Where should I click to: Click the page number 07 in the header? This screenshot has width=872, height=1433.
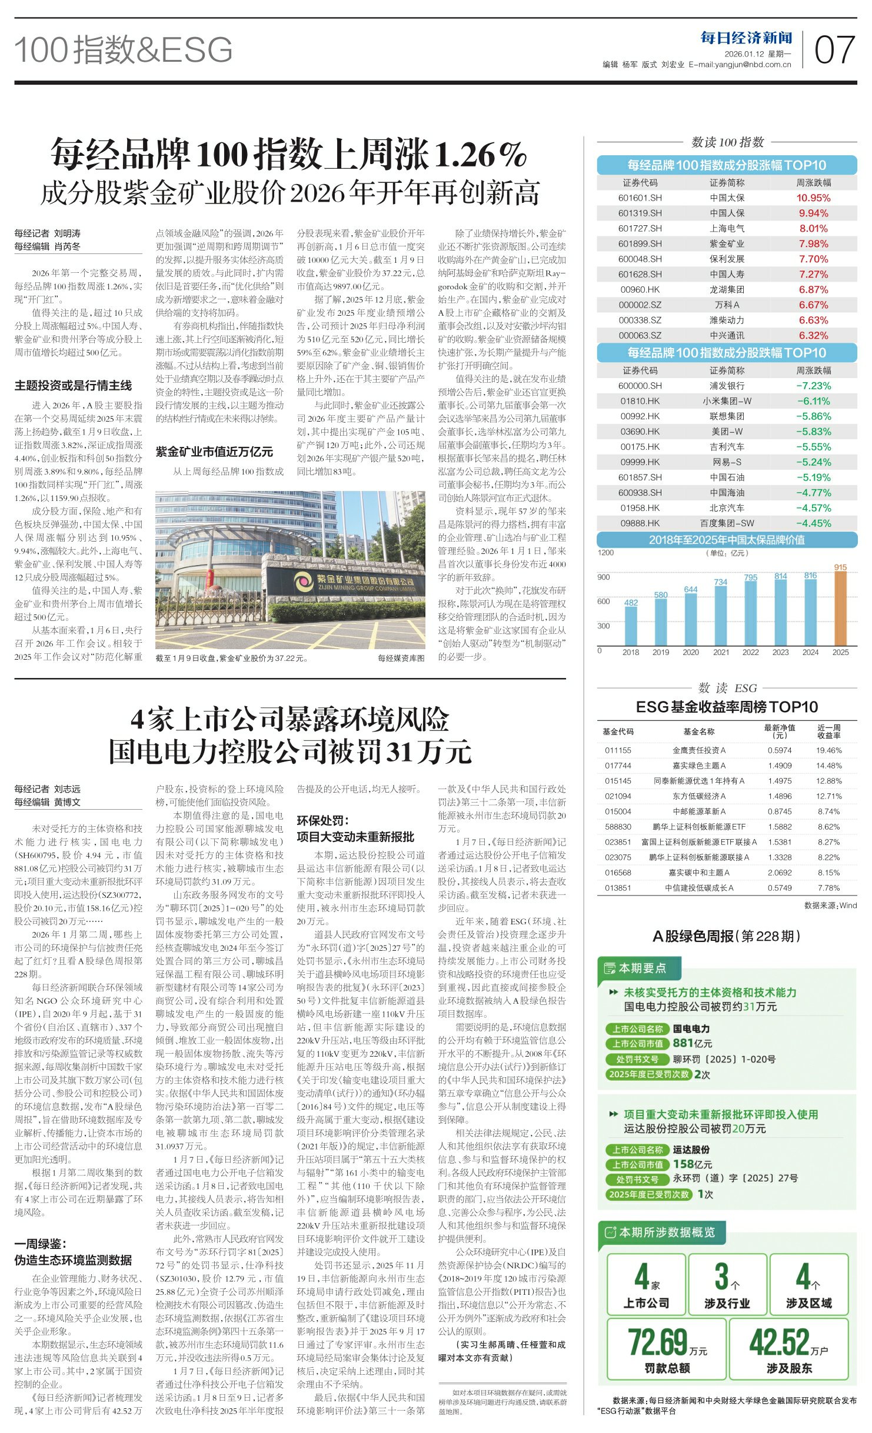[x=834, y=50]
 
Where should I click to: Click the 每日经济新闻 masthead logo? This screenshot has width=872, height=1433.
[x=746, y=38]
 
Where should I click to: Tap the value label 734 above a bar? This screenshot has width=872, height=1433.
[x=721, y=582]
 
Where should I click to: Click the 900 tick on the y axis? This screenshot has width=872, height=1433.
[x=604, y=577]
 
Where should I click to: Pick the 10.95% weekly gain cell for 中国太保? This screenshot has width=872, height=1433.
[x=813, y=198]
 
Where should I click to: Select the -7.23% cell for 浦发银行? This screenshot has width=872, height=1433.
[x=813, y=386]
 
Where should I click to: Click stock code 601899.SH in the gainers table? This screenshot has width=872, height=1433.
[x=640, y=243]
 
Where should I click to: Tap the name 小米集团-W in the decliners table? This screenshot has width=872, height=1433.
[x=727, y=401]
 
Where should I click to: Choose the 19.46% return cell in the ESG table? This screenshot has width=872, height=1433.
[x=828, y=750]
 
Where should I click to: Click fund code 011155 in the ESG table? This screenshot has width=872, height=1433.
[x=618, y=750]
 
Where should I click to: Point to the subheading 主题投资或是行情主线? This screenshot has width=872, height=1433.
[x=73, y=386]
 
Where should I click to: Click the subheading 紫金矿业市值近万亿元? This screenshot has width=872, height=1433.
[x=214, y=452]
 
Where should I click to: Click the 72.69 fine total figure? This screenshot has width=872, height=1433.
[x=658, y=1342]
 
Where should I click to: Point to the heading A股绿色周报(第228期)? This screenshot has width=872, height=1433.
[x=726, y=936]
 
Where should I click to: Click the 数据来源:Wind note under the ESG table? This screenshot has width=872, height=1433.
[x=830, y=906]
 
